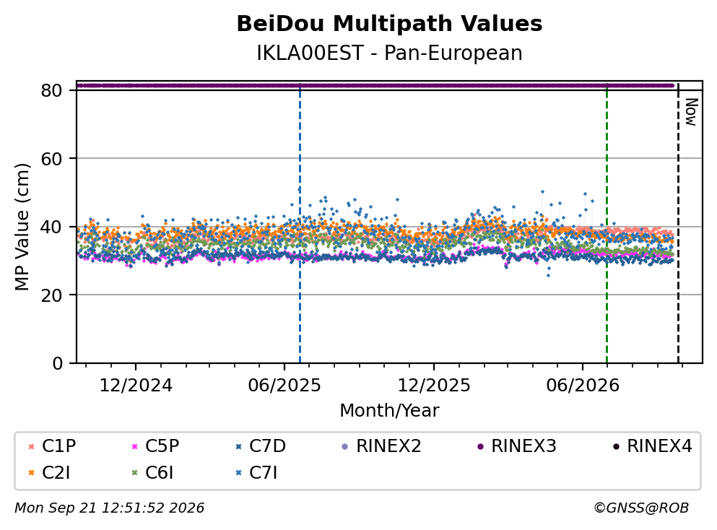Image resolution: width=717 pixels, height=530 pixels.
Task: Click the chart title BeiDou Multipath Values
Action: click(x=389, y=24)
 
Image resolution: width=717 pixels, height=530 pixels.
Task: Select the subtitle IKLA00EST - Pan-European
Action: click(x=389, y=53)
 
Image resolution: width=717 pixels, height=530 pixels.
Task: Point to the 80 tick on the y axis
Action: click(x=51, y=90)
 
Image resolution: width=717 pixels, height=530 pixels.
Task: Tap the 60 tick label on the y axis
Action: click(x=51, y=159)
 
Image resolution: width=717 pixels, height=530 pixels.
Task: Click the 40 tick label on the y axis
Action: click(x=51, y=227)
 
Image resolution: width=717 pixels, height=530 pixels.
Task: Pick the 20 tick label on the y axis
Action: click(x=51, y=295)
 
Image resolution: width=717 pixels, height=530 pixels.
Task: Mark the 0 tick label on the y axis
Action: click(x=57, y=363)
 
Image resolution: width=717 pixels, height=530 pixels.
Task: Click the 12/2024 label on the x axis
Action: click(x=136, y=386)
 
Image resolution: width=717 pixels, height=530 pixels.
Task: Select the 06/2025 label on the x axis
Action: click(x=284, y=386)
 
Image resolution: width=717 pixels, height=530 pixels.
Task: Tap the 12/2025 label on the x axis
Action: click(x=433, y=386)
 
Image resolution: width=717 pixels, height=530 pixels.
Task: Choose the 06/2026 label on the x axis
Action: click(x=583, y=386)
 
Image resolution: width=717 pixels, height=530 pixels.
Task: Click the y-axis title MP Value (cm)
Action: click(x=22, y=227)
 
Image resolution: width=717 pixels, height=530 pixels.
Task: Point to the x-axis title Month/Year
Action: click(x=389, y=411)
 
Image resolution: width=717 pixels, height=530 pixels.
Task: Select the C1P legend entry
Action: click(x=52, y=446)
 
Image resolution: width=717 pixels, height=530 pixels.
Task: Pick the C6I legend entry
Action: click(x=153, y=473)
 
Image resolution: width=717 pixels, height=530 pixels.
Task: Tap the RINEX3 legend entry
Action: click(x=517, y=446)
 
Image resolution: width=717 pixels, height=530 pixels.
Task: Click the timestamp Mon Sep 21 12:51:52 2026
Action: click(x=109, y=508)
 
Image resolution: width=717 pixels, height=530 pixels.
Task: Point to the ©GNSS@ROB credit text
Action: click(x=641, y=508)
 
